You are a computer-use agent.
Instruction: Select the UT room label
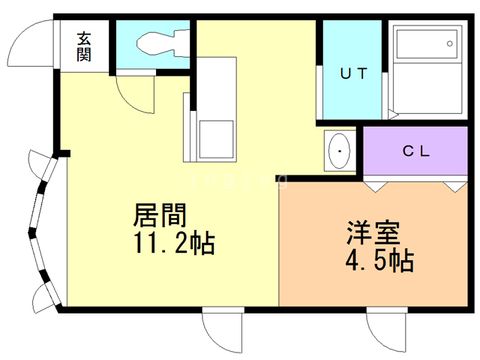pos(353,73)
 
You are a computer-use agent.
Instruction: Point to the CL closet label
pos(416,151)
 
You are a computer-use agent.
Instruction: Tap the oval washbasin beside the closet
pos(340,152)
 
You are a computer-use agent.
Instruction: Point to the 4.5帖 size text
pos(380,261)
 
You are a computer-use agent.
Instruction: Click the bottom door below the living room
pos(223,330)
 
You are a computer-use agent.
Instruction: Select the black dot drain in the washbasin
pos(340,152)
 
